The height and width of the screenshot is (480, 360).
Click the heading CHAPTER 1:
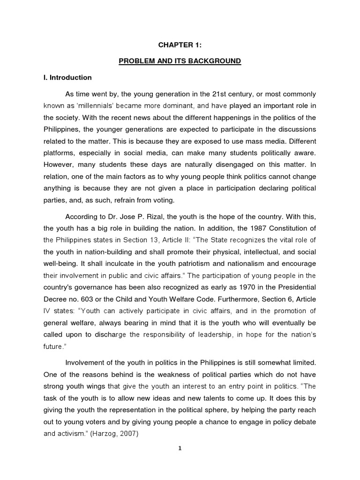point(180,45)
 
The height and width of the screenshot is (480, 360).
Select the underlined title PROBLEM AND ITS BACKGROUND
point(180,61)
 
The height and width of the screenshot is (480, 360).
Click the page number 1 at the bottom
point(180,448)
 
